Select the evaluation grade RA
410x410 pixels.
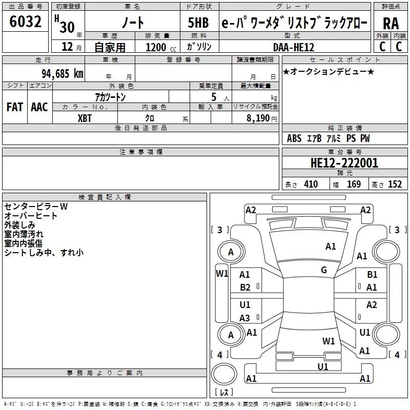391,24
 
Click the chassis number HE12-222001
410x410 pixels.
344,163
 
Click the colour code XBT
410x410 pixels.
85,117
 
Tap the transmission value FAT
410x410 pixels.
14,107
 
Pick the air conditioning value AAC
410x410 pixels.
39,107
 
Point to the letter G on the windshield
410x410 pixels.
324,270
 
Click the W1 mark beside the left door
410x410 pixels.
221,273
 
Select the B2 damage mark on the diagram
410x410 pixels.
245,288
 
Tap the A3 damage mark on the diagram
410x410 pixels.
245,318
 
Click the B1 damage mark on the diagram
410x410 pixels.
372,275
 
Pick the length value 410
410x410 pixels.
311,184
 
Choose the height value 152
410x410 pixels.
395,184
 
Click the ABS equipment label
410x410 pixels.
294,138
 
